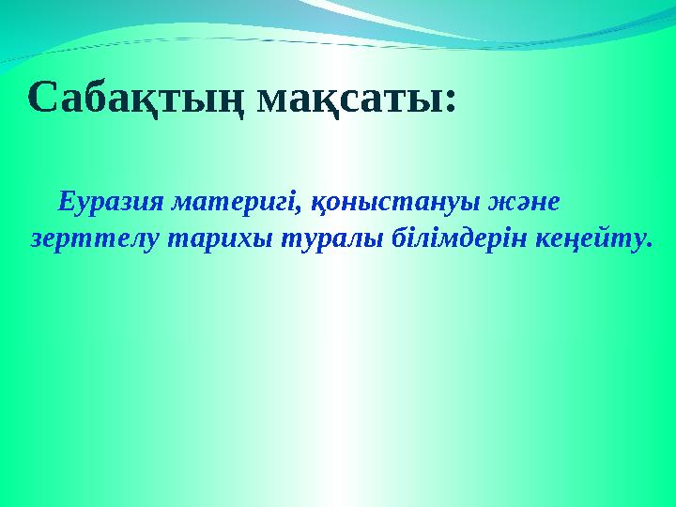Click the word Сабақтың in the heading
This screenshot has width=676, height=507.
[x=137, y=98]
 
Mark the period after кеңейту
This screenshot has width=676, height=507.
[x=647, y=245]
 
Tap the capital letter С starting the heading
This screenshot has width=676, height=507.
[x=42, y=98]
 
